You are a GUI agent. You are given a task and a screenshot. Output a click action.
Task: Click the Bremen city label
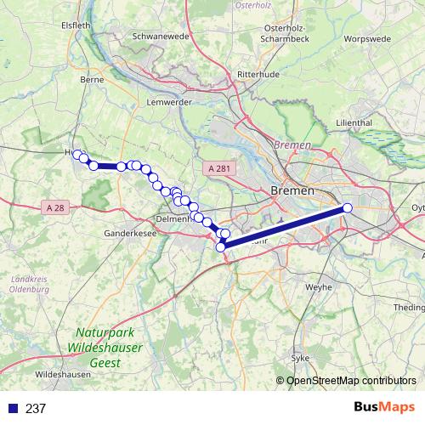coord(292,190)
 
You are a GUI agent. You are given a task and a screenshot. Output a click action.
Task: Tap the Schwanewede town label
coord(161,37)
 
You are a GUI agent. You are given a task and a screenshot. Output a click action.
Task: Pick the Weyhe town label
coord(318,287)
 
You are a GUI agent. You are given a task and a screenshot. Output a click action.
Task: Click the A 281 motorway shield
coord(218,169)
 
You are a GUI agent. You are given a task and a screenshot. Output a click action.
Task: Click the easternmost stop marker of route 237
coord(347,208)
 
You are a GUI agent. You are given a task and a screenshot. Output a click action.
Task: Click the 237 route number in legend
coord(36,409)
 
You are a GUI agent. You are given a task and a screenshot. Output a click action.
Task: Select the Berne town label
coord(90,78)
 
